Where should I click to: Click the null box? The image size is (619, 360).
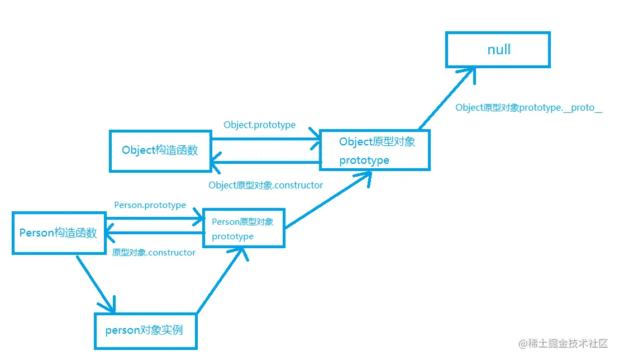pos(498,50)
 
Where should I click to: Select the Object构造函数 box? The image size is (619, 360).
pos(160,150)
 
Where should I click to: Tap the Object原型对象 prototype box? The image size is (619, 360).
pos(374,150)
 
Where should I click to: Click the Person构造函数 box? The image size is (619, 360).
pos(59,233)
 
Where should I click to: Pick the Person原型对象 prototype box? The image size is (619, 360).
pos(244,228)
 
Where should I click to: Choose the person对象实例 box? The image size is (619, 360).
pos(145,330)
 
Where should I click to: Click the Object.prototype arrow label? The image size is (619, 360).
pos(259,125)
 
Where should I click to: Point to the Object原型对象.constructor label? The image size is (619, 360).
pos(265,185)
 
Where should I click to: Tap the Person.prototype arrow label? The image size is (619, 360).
pos(150,205)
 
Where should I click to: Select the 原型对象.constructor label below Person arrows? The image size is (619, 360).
pos(154,253)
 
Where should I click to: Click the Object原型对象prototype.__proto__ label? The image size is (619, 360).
pos(528,108)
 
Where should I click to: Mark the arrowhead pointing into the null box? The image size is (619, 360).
pos(469,72)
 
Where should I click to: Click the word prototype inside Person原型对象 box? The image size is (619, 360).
pos(232,236)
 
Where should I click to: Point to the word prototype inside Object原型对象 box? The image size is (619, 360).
pos(364,160)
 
